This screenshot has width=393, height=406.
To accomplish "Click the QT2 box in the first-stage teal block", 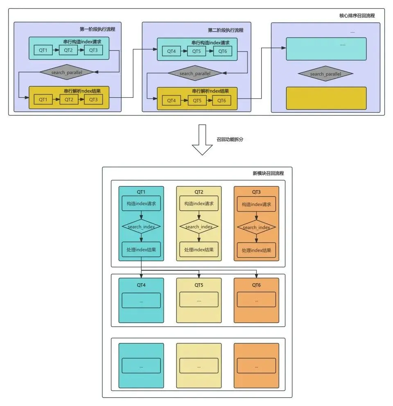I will [x=68, y=50].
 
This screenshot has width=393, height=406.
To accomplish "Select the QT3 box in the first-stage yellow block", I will [x=93, y=99].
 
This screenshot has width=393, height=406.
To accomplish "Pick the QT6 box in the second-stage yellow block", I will [x=221, y=100].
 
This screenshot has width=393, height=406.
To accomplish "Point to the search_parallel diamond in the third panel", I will [x=325, y=74].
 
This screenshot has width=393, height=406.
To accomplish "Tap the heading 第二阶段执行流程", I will [x=226, y=30].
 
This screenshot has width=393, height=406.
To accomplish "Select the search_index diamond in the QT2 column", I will [x=199, y=227].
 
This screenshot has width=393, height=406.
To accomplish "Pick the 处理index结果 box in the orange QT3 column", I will [x=256, y=250].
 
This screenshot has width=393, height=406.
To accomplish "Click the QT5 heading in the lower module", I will [x=199, y=284].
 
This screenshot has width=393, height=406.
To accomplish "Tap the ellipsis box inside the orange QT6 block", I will [x=256, y=300].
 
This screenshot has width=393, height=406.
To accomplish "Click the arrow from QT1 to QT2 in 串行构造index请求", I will [x=56, y=50].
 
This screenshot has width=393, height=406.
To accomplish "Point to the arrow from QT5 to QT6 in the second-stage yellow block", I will [x=210, y=100].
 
